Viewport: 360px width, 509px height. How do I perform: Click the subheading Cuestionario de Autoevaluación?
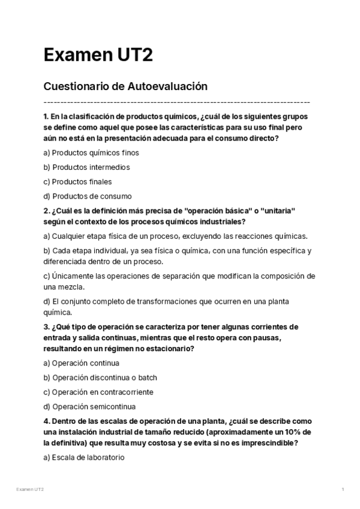click(x=125, y=86)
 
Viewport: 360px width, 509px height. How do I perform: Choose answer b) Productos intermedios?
click(x=86, y=167)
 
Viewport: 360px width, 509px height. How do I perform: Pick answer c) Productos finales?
click(x=77, y=181)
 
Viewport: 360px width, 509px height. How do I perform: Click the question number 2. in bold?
click(x=46, y=211)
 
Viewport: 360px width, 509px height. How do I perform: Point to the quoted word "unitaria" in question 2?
click(x=277, y=211)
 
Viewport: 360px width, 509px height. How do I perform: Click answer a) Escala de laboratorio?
click(x=83, y=457)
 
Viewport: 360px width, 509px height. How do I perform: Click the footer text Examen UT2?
click(x=30, y=490)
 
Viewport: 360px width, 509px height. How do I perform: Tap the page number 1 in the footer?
click(x=342, y=490)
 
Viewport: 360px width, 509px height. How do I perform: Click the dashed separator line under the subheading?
click(x=177, y=102)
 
